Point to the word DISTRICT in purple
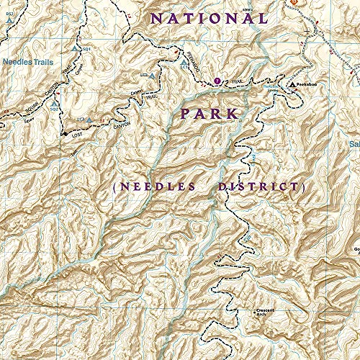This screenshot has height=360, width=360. coord(261,186)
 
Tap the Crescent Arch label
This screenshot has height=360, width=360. coord(266,312)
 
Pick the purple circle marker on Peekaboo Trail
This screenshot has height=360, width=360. coord(218,81)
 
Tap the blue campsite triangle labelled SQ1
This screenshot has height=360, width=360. coord(76,48)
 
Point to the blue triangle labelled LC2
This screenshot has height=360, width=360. coord(153,74)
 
